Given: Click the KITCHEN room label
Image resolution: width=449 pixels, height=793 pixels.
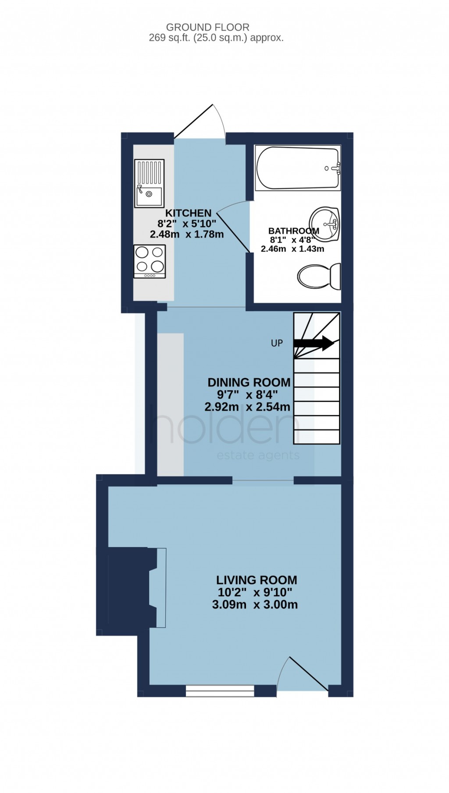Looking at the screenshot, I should point(188,213).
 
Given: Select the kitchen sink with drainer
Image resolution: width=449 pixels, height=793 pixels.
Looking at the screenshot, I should point(150,183).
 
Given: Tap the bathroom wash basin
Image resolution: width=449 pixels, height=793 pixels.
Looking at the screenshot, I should point(325,224).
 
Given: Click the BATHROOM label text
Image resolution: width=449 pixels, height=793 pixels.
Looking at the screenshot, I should point(293,231).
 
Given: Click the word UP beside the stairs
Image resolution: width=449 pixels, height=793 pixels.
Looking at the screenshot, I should point(277,343).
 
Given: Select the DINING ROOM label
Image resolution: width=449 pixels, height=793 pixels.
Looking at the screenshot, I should point(249,382).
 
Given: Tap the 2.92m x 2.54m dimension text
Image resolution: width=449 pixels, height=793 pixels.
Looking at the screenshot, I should point(247,407).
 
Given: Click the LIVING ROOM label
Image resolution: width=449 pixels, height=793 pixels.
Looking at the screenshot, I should point(257,580).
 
